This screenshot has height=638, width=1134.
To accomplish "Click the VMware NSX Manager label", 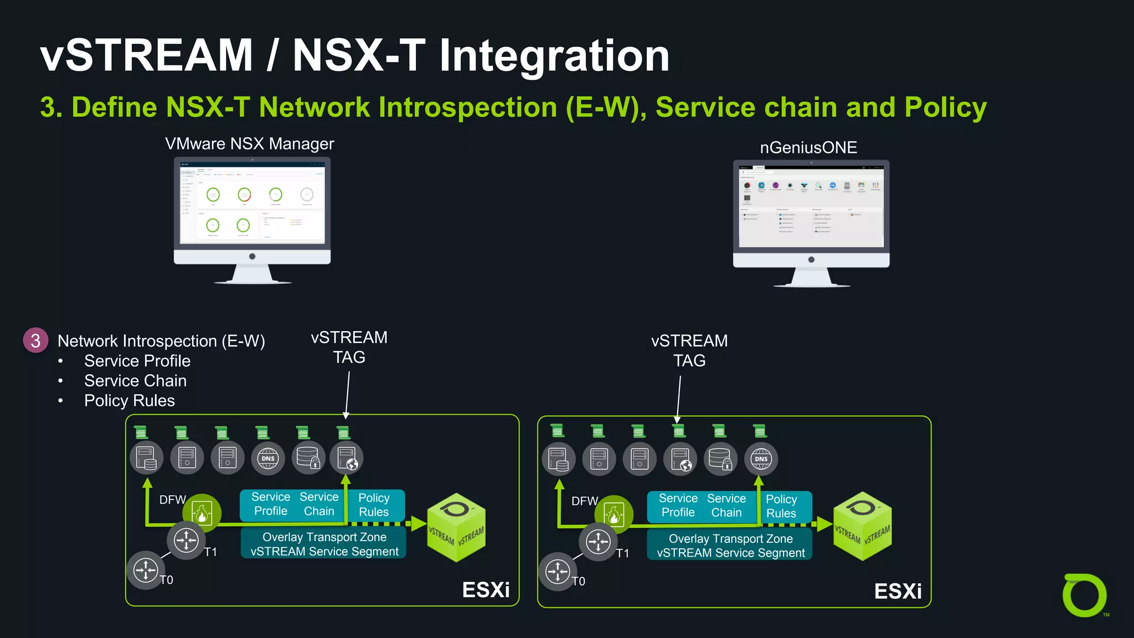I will pos(249,144).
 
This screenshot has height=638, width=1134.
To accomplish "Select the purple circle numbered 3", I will pos(35,340).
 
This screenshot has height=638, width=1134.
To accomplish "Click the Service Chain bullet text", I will pos(135,381).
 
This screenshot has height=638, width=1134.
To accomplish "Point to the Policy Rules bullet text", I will pos(129,401).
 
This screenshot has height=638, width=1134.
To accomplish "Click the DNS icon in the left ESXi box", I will pos(268,458).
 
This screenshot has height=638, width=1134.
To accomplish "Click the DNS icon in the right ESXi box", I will pos(761,459).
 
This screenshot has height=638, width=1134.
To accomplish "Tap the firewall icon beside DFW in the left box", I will pos(202,512).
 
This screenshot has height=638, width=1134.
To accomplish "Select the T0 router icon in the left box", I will pos(146,570).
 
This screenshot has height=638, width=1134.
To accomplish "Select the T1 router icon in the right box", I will pos(598,542).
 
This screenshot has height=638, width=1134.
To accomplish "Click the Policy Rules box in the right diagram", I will pos(781,506).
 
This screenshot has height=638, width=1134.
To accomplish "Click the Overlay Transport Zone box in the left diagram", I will pos(324,544).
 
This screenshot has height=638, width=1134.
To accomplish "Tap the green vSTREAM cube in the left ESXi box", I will pos(456,527).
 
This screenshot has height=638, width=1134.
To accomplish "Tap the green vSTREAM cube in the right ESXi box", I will pos(862,526).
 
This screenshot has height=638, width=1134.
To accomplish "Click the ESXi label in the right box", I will pos(898,591).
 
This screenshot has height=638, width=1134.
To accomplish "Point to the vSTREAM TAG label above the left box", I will pos(349,347).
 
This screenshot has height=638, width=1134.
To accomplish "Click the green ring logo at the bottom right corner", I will pos(1084,596).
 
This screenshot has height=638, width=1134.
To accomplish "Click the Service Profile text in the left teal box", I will pos(270,504).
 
